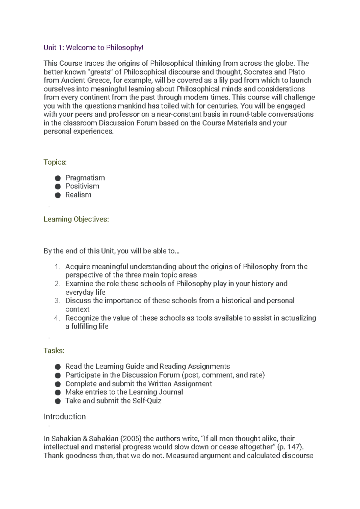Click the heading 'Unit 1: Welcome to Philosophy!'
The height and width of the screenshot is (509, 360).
point(94,48)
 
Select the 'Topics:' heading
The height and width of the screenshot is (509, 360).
point(55,162)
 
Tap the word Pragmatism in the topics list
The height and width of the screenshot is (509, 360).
point(85,178)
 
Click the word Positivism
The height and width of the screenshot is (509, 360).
point(82,186)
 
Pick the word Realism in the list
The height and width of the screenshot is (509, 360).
point(78,195)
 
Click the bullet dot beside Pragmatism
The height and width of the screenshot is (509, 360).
point(58,178)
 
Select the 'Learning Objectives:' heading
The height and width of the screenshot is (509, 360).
point(76,219)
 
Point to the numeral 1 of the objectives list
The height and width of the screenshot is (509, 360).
point(57,267)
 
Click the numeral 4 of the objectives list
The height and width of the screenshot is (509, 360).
point(57,318)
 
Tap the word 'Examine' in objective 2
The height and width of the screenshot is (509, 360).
point(79,284)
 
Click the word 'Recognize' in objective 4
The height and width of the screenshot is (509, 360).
point(82,318)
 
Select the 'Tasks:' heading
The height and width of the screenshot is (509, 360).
point(54,351)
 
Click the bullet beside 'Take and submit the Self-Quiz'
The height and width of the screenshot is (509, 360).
point(58,401)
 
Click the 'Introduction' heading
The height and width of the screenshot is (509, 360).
point(64,417)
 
